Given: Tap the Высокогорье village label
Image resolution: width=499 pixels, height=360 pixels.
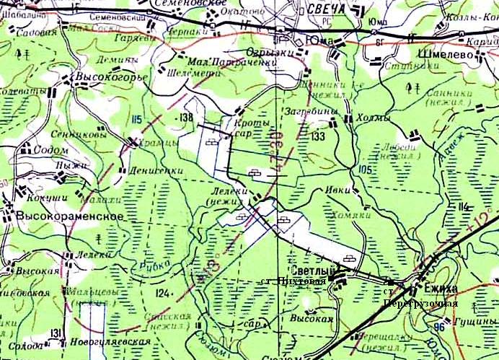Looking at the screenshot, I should (113, 76).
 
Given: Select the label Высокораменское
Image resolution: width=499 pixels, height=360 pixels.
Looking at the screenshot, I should (66, 216).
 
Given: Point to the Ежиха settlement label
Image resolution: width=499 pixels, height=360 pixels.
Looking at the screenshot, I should (441, 288).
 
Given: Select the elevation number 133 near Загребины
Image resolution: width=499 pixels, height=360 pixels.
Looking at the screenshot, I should (318, 136).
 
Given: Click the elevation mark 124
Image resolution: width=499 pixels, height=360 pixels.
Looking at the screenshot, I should (164, 293).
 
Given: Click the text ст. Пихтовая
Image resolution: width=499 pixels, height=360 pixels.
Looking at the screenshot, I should (293, 280).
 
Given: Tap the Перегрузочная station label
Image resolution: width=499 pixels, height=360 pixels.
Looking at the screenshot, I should (421, 302).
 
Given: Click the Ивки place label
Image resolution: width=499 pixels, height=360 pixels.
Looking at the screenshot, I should (334, 190).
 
